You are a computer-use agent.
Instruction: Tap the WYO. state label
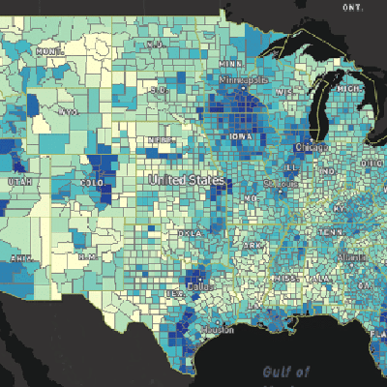tap(67, 112)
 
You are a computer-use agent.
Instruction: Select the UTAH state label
tap(15, 182)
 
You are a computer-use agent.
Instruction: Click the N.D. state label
tap(154, 45)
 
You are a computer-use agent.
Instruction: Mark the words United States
tap(186, 181)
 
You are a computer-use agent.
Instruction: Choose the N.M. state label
tap(88, 255)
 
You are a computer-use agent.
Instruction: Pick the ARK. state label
tap(253, 247)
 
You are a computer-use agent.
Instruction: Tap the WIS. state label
tap(284, 92)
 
